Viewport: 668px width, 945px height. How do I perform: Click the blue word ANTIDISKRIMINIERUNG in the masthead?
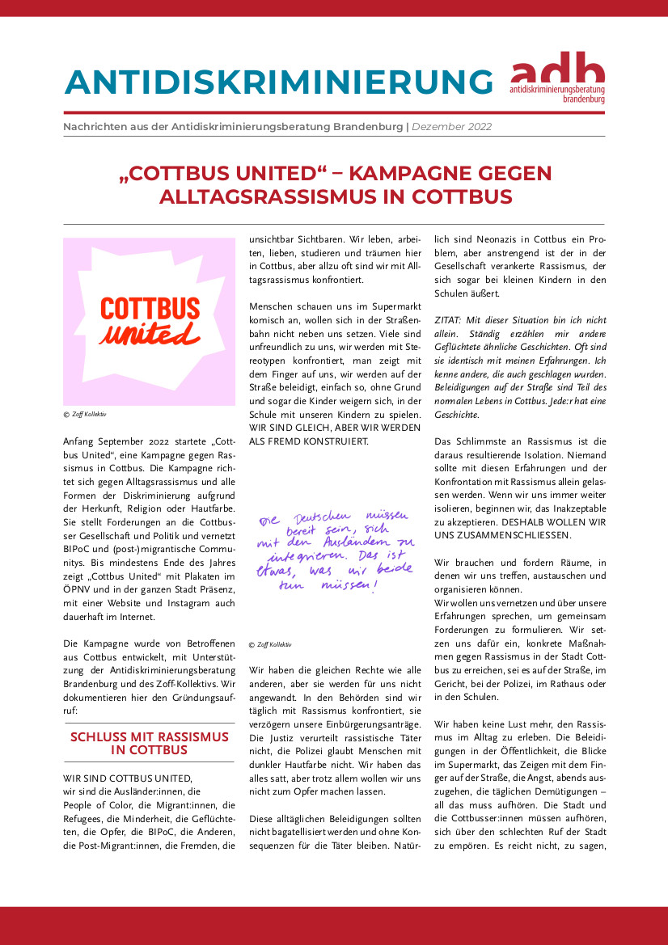[x=278, y=82]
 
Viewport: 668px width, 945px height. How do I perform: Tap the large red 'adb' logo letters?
[x=557, y=65]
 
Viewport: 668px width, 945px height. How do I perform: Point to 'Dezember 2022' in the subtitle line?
[x=451, y=127]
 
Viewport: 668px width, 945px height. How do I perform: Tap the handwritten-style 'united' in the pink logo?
[x=150, y=333]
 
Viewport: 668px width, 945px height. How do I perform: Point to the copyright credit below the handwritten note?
[x=270, y=644]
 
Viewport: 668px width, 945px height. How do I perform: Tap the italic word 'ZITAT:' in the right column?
[x=450, y=320]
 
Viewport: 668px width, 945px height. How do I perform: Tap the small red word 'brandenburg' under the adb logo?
[x=581, y=99]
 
